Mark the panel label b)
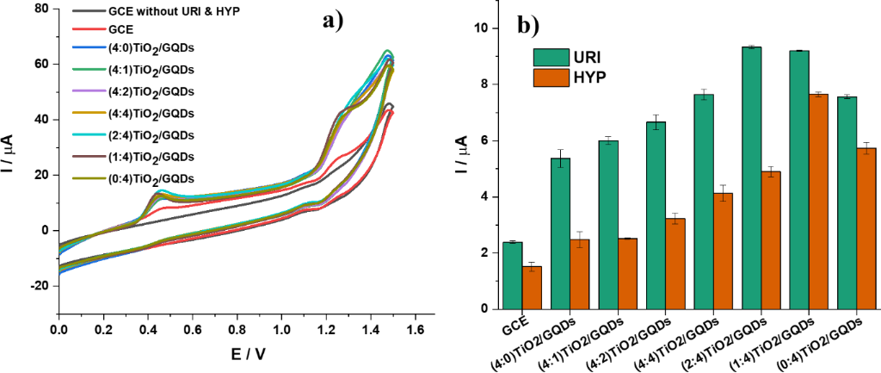pyautogui.click(x=527, y=26)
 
